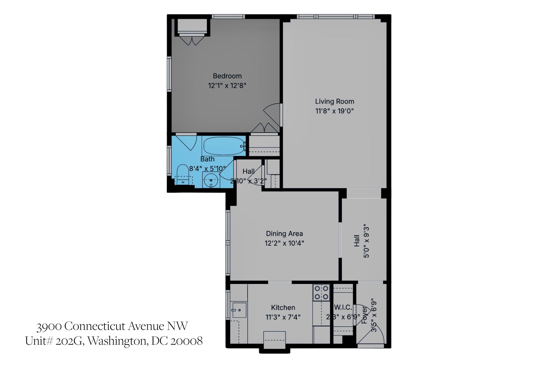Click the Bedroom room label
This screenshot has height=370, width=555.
pos(227,76)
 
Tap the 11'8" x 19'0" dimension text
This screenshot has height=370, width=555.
pos(334,111)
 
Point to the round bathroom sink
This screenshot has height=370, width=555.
pos(211,180)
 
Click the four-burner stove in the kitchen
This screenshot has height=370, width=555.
pos(321,293)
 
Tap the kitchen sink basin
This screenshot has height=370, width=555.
pos(239,310)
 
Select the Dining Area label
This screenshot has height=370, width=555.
pos(284,234)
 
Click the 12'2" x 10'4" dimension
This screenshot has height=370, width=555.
pos(284,243)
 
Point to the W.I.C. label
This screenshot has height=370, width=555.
pos(343,307)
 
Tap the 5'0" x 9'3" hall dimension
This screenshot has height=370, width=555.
pos(366,241)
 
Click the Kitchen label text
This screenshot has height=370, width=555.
pos(283,307)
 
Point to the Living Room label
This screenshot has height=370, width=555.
pos(334,101)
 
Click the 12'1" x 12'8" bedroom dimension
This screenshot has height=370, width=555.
pos(227,85)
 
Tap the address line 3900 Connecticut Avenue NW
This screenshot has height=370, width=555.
pos(112,326)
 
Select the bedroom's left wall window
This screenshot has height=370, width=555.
pos(169,74)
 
